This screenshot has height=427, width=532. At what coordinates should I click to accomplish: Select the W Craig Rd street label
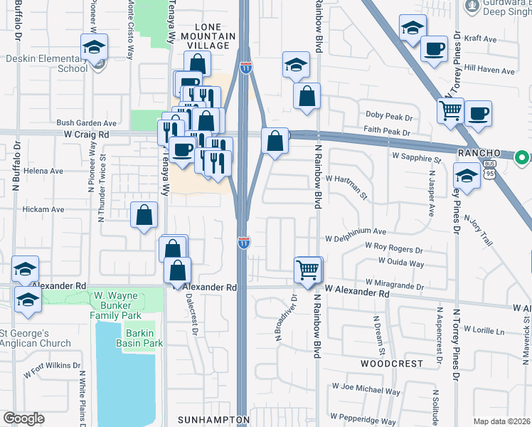[87, 133]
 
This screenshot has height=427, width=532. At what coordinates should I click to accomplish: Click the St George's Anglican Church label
[34, 338]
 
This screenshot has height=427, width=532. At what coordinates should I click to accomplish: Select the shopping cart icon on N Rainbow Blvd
[308, 270]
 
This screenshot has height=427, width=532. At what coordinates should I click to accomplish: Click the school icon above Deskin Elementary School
[94, 48]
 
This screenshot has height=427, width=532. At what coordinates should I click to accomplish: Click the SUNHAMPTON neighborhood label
[214, 419]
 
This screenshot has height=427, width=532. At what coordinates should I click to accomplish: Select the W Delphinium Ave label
[356, 231]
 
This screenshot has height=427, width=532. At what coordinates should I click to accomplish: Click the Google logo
[23, 418]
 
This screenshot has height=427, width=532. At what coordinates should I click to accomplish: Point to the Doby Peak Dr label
[388, 115]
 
